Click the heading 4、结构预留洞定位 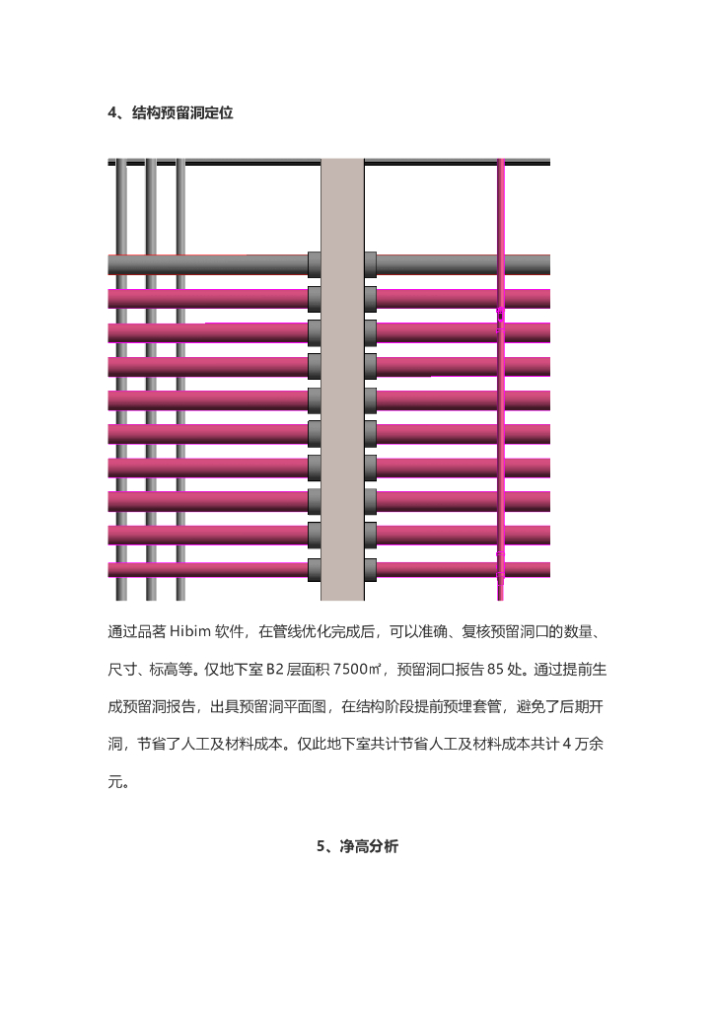point(170,113)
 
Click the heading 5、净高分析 point(357,846)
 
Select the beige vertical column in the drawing point(342,380)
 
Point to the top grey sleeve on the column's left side point(315,264)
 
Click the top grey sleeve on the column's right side point(370,264)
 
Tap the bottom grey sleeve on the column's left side point(315,569)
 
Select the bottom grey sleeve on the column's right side point(370,569)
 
